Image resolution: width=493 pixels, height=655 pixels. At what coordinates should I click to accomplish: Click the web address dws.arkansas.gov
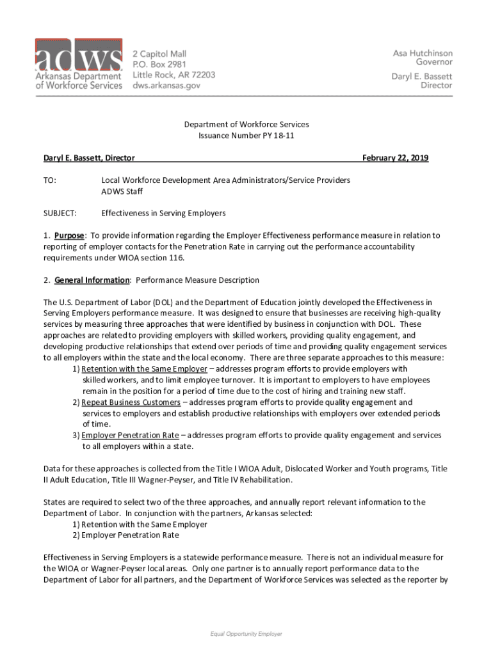click(x=166, y=85)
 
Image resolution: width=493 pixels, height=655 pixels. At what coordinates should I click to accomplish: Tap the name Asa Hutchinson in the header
click(x=422, y=53)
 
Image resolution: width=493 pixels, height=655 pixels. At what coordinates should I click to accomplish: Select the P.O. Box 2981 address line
click(x=159, y=65)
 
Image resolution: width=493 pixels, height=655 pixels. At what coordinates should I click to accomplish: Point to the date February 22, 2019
click(x=395, y=158)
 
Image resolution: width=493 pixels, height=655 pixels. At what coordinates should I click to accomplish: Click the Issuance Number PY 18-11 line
click(x=247, y=136)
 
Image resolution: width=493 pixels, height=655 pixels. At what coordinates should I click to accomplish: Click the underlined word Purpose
click(x=69, y=235)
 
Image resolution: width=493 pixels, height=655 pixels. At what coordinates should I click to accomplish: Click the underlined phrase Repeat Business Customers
click(x=131, y=402)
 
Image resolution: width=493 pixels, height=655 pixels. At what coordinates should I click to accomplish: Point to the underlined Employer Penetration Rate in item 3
click(x=130, y=435)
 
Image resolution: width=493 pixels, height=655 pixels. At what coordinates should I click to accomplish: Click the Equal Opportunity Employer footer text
click(x=247, y=634)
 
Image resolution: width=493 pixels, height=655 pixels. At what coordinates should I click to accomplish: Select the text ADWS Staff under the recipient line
click(x=122, y=191)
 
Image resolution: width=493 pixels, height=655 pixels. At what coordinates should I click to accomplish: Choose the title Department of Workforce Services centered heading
click(x=247, y=125)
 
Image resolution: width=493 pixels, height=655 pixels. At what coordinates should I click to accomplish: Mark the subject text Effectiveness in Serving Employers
click(x=163, y=213)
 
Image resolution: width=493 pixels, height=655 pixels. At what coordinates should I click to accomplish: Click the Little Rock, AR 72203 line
click(x=174, y=75)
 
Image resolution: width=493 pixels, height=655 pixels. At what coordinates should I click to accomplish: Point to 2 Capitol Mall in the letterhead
click(x=159, y=54)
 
